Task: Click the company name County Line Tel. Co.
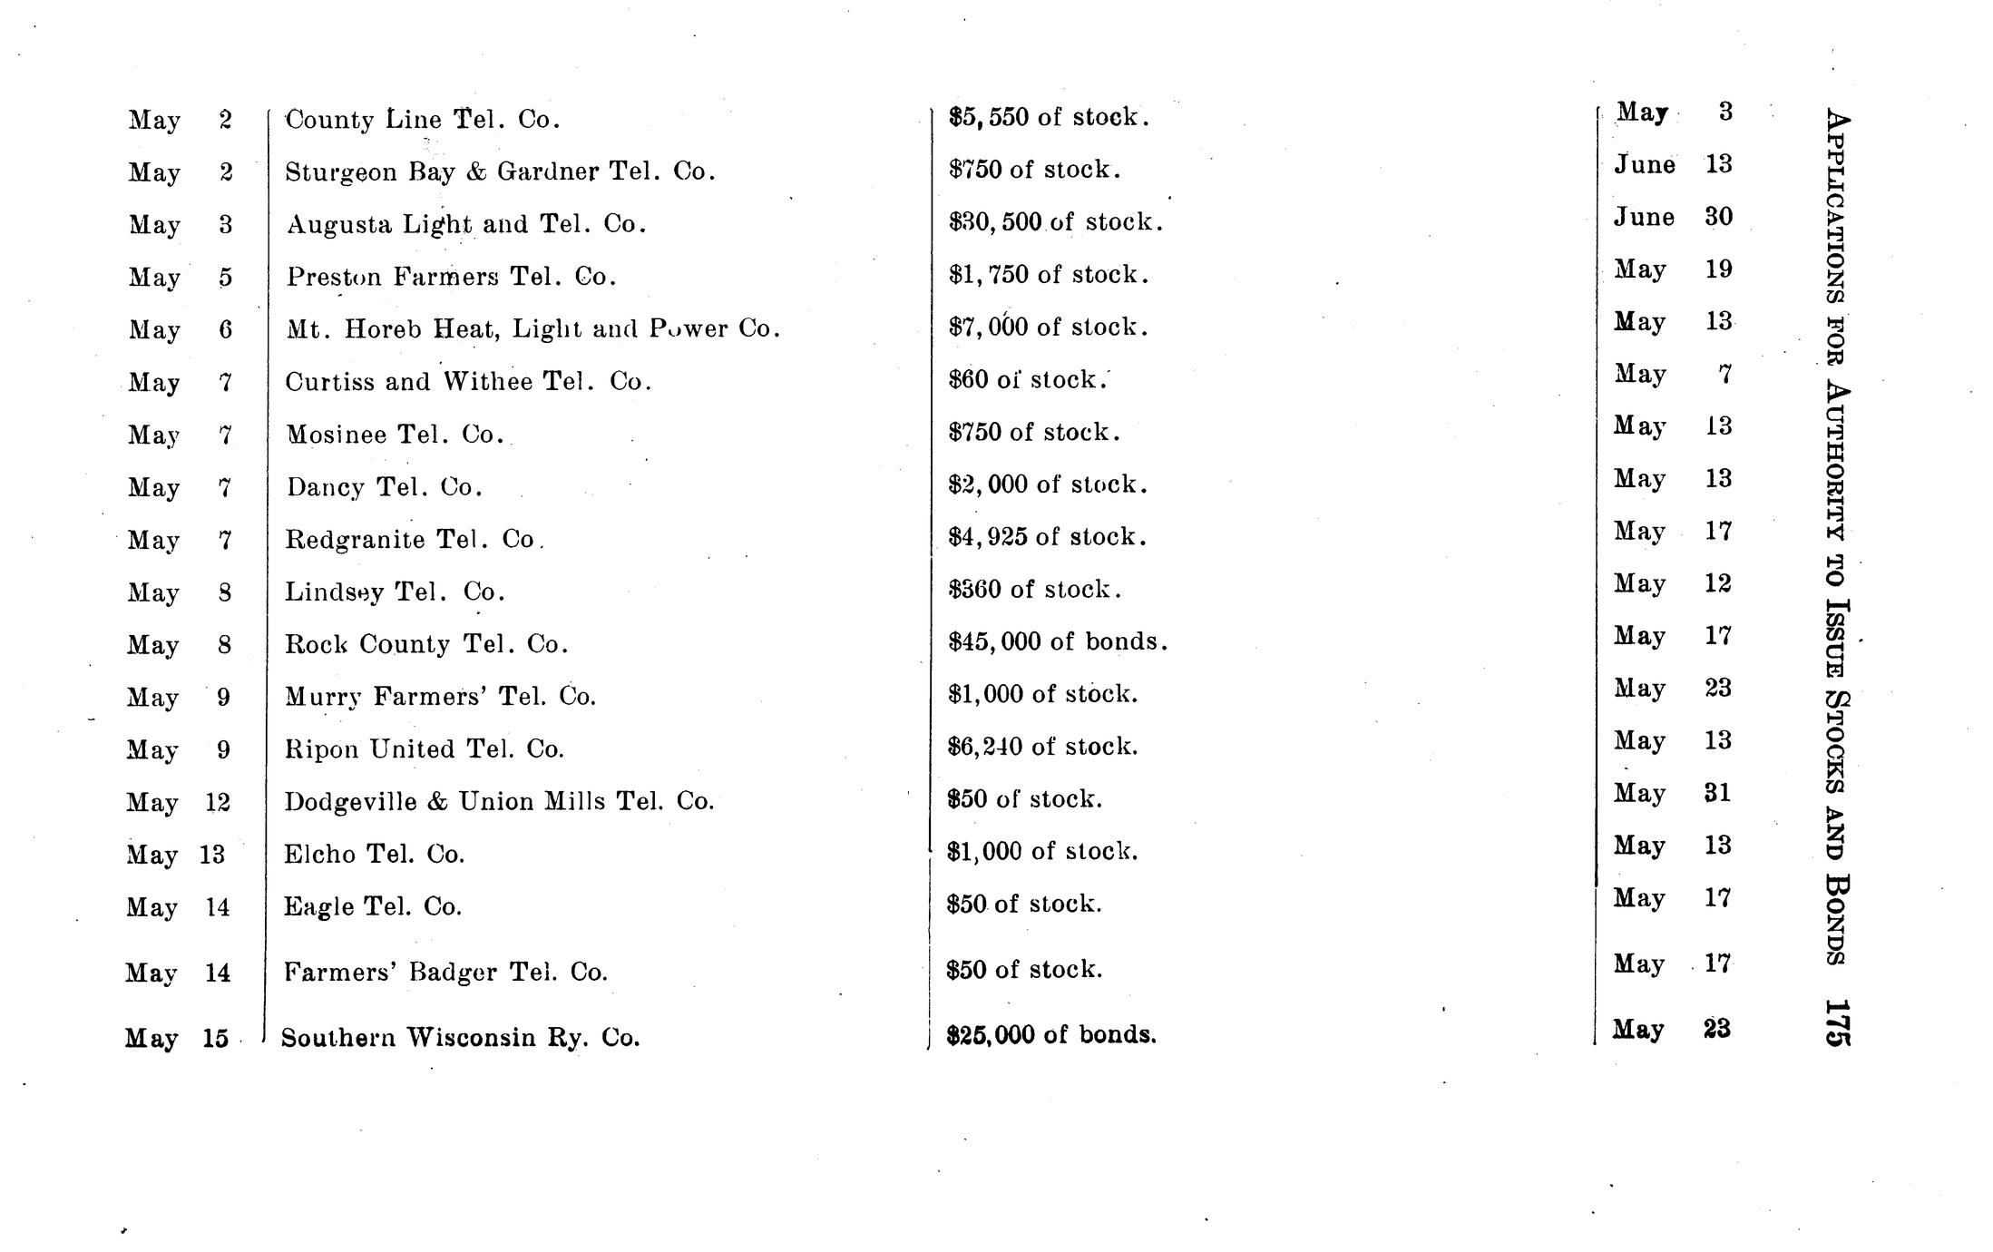coord(422,120)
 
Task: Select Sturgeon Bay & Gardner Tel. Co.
coord(500,171)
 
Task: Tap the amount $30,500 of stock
coord(1055,222)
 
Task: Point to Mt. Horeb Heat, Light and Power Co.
coord(533,328)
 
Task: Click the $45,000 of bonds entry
coord(1058,642)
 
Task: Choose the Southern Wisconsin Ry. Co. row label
coord(460,1037)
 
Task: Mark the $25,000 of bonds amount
coord(1051,1035)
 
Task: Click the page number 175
coord(1836,1024)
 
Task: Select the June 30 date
coord(1673,218)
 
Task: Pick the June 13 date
coord(1673,165)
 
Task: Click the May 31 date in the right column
coord(1672,794)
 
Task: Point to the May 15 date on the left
coord(177,1038)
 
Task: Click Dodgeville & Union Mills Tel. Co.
coord(499,802)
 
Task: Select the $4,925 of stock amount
coord(1047,537)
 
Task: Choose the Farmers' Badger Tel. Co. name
coord(445,973)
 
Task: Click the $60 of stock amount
coord(1027,380)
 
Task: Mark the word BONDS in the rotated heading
coord(1836,918)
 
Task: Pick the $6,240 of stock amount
coord(1042,747)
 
